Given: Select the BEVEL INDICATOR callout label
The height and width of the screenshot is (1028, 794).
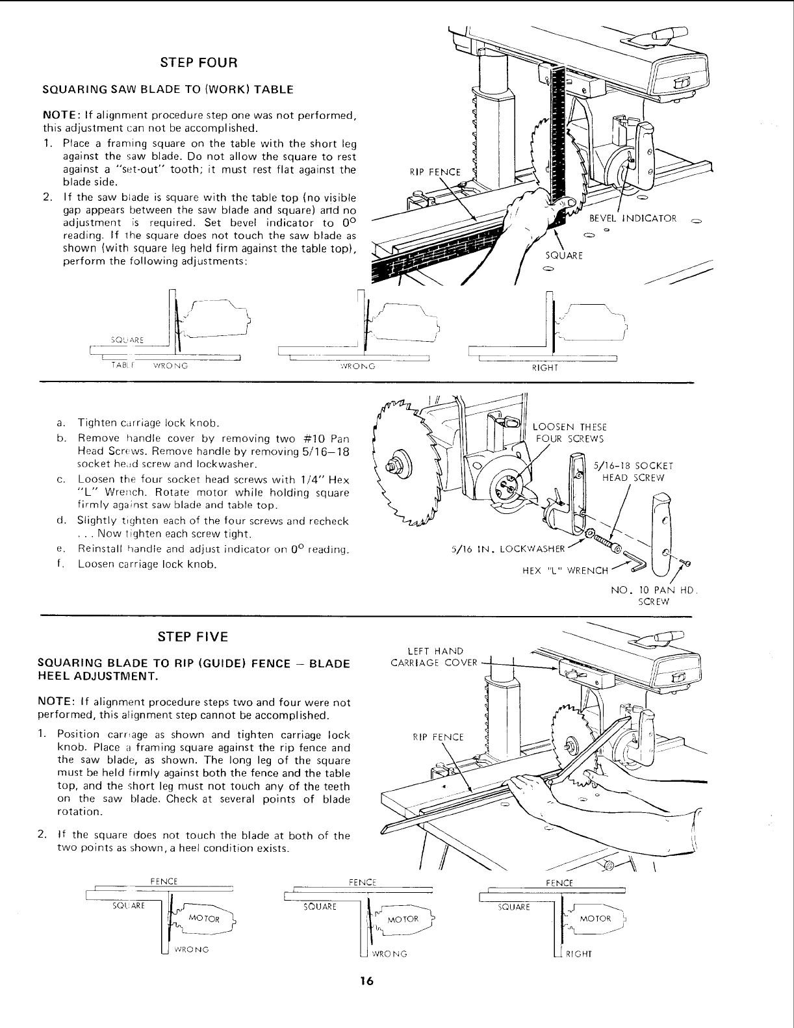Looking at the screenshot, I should [x=633, y=218].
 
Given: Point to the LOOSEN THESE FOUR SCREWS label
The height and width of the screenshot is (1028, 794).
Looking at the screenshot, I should [x=569, y=432].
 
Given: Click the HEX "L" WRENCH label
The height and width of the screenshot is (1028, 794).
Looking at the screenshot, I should [x=565, y=571].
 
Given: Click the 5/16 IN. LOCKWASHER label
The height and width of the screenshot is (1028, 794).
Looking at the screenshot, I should [x=507, y=548].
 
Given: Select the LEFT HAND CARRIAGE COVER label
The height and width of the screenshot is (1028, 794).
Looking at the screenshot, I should [x=434, y=656].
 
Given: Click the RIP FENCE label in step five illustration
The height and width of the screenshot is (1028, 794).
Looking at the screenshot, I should [x=439, y=737].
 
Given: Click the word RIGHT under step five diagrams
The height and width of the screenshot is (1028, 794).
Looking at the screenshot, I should [x=576, y=955].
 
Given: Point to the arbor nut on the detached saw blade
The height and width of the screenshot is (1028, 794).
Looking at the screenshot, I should [x=392, y=465].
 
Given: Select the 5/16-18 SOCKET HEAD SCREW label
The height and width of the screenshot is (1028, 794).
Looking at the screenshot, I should [x=634, y=471].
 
